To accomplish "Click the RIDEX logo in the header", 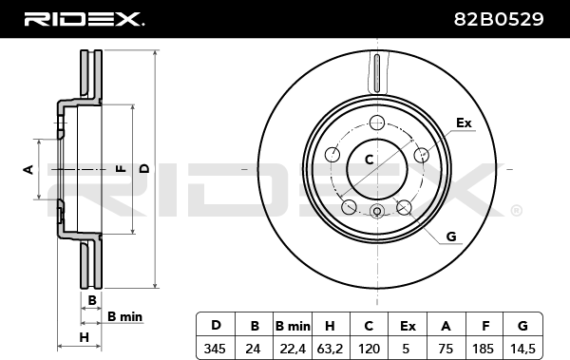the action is tap(85, 19).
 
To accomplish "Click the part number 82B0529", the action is tap(499, 19).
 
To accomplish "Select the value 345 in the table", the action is tap(215, 349).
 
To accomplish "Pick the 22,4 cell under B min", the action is tap(293, 350).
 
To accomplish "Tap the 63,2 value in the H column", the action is tap(330, 350).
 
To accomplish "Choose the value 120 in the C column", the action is tap(369, 349).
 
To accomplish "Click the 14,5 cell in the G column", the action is tap(522, 350).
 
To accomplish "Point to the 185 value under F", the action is tap(483, 349).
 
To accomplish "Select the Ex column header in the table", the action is tap(408, 326).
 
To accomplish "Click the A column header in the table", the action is tap(446, 326).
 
